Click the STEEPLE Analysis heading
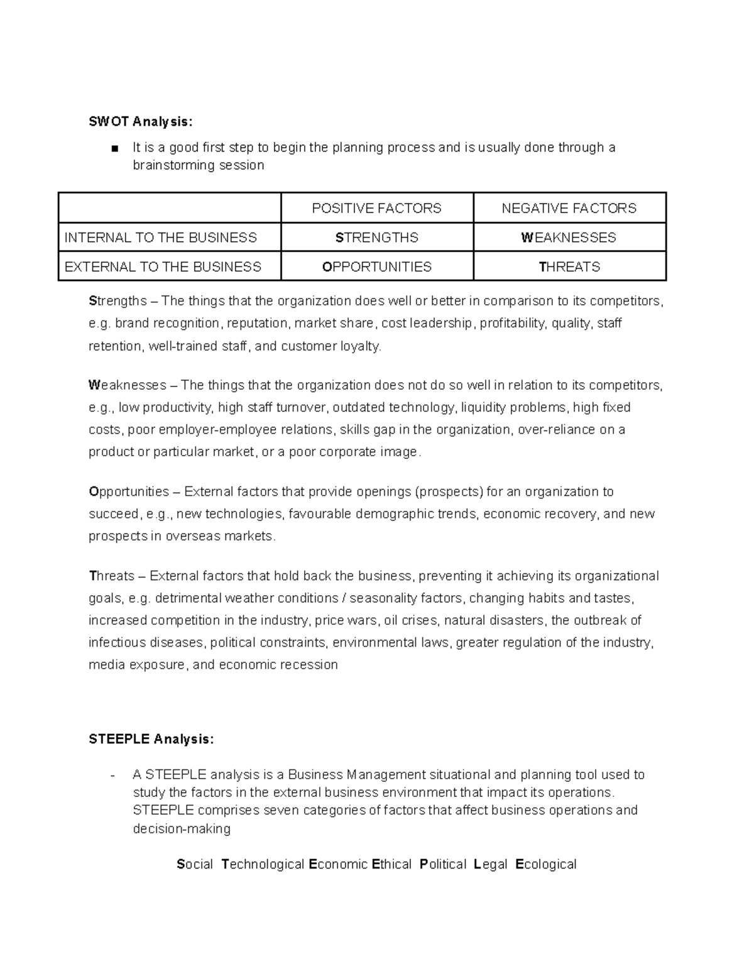[x=151, y=739]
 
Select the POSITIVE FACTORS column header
[x=376, y=208]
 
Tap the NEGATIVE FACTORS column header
[x=569, y=208]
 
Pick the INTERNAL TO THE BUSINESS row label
[x=161, y=238]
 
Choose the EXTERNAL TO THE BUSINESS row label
[x=163, y=266]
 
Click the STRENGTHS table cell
[x=376, y=238]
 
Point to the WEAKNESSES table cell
[x=569, y=238]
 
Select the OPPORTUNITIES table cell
[x=376, y=266]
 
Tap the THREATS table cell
[x=569, y=266]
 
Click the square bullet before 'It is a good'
[x=114, y=149]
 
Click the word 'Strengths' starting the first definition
[x=117, y=301]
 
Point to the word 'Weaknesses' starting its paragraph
[x=128, y=385]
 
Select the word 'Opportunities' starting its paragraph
[x=129, y=491]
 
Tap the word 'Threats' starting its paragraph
[x=112, y=576]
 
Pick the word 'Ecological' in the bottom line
[x=545, y=864]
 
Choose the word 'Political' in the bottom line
[x=443, y=864]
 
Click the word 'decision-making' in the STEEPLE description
[x=182, y=828]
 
